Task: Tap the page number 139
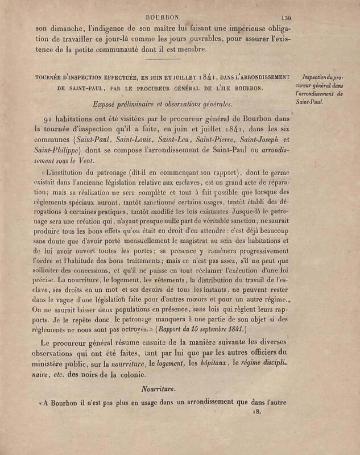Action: (x=284, y=18)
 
